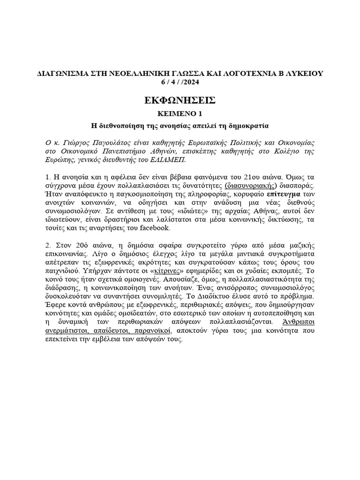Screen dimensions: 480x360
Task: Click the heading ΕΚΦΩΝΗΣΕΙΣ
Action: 180,100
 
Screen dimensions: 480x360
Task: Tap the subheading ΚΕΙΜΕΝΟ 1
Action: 180,114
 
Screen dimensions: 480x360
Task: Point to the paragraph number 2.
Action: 48,246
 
